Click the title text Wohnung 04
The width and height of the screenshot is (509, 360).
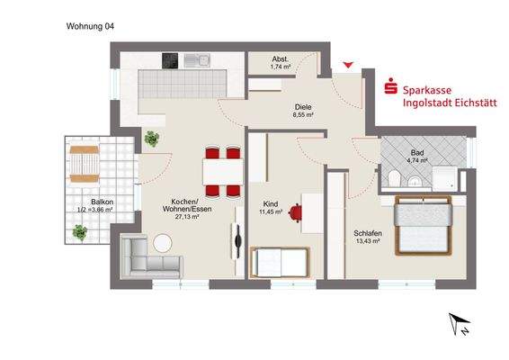pos(90,26)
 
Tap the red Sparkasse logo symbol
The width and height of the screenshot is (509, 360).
pos(391,88)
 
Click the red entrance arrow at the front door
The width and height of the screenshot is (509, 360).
pos(349,66)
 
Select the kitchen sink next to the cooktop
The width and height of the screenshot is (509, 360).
pos(197,61)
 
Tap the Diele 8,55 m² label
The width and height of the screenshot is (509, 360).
pos(302,111)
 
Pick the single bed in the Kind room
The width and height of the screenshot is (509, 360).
pos(279,263)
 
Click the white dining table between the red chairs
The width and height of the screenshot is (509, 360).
pos(220,171)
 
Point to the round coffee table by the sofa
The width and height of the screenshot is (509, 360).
pos(163,242)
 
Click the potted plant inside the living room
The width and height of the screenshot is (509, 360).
pos(151,139)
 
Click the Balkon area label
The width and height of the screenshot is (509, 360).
pos(102,206)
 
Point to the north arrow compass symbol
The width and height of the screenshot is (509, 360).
pos(460,324)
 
